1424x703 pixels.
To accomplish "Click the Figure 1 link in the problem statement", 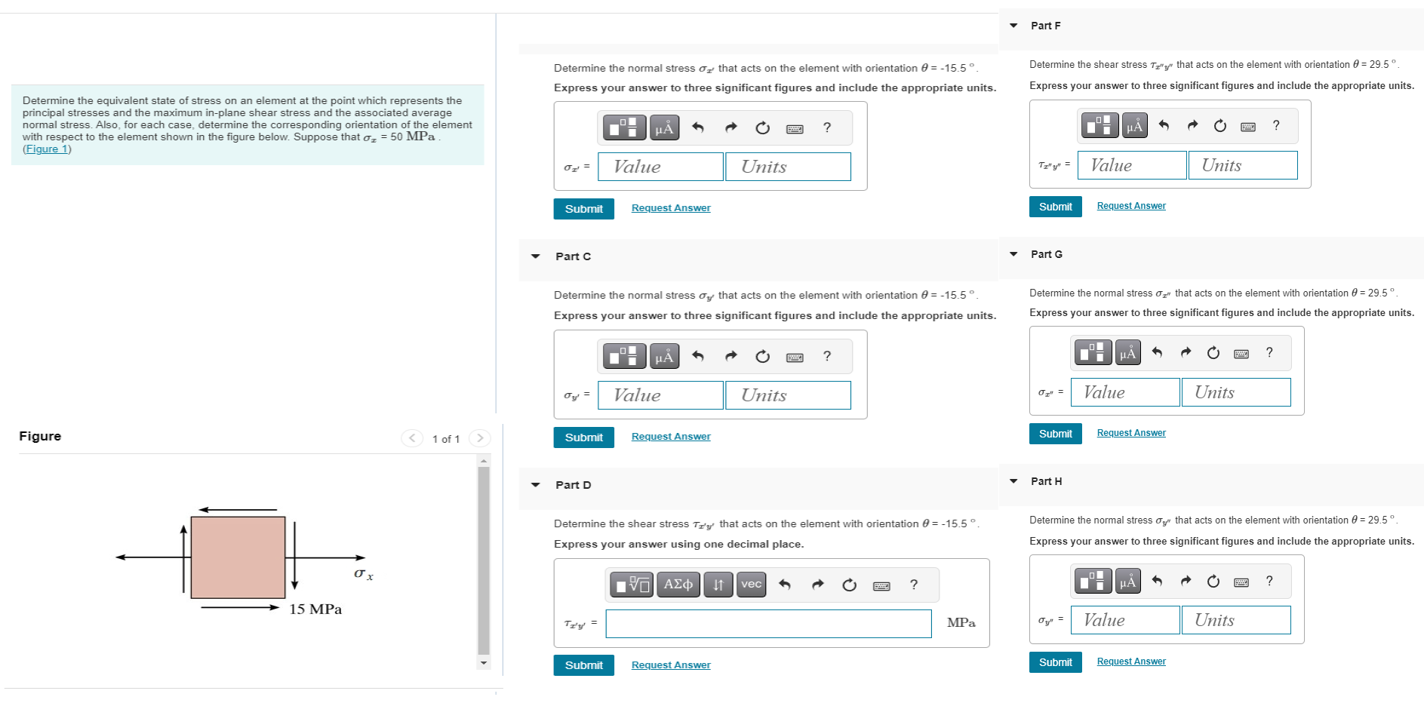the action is point(47,149).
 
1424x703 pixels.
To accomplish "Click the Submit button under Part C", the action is point(583,437).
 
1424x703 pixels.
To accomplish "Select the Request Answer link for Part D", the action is point(671,665).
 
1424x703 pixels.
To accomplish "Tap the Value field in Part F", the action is point(1132,165).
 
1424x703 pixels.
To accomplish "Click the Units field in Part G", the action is point(1236,392).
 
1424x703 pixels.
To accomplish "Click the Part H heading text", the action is point(1046,481).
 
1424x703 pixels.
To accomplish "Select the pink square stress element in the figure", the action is point(238,557).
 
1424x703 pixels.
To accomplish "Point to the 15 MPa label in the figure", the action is point(315,609).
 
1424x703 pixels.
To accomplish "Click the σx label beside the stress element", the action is point(364,574).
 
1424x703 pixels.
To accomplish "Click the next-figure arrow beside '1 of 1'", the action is point(480,438).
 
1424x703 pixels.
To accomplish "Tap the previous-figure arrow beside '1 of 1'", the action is point(412,438).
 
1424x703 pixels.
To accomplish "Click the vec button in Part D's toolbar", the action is point(751,585).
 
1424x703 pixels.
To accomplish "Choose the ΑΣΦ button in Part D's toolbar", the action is point(678,585).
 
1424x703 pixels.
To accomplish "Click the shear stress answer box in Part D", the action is point(768,624).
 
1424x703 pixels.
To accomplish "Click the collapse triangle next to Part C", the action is point(536,256).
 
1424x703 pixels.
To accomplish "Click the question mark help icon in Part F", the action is point(1276,125).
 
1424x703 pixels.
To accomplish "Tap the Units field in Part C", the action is point(788,395).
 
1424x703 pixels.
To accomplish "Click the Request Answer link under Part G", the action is point(1131,433).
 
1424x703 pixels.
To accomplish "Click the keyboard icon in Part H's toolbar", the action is point(1241,582).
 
